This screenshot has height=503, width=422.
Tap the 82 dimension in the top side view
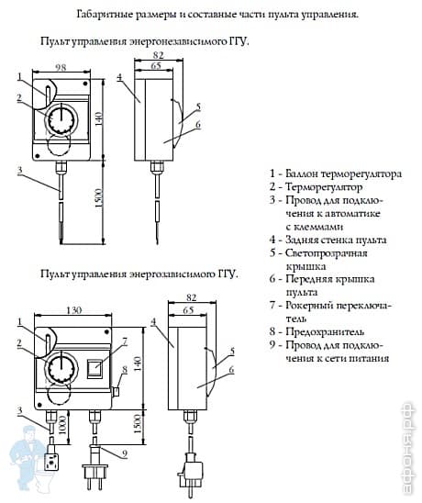tap(160, 56)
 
